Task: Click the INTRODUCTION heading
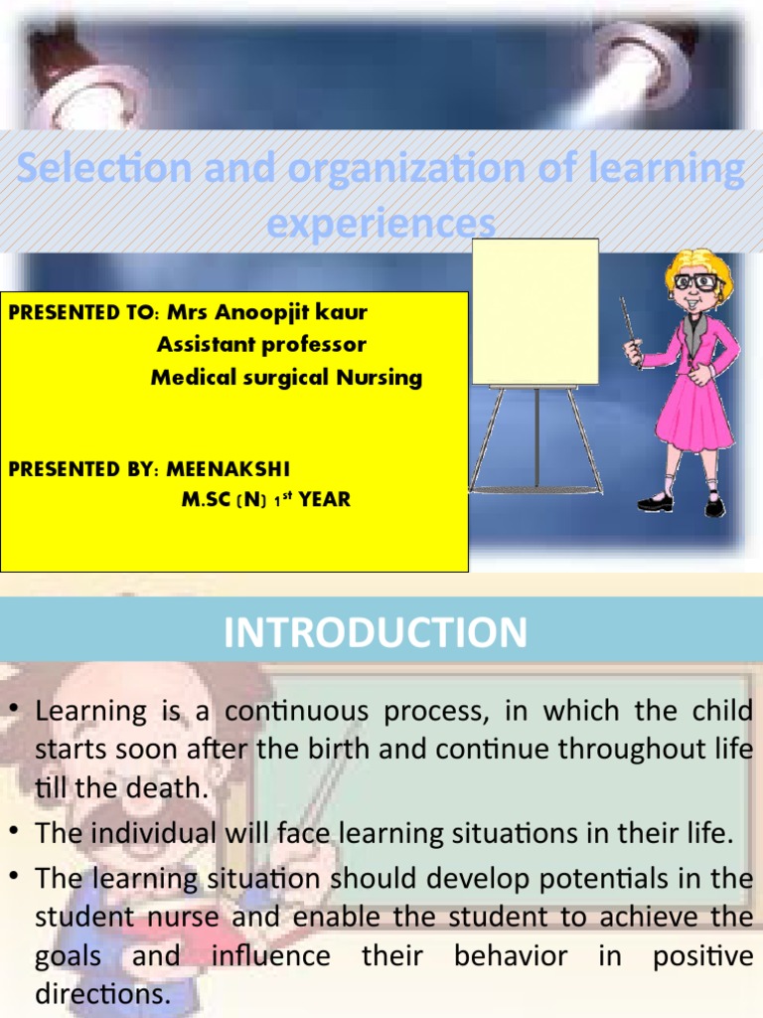coord(376,633)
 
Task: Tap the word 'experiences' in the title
coord(381,223)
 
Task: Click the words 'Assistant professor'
coord(261,345)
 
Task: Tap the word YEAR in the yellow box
coord(325,500)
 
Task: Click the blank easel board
coord(534,312)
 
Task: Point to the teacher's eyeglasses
coord(695,281)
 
